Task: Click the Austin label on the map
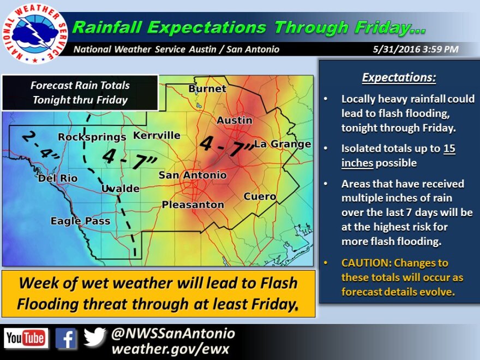point(235,121)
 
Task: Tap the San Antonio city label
point(193,175)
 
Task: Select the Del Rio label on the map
point(58,178)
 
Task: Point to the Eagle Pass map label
point(80,221)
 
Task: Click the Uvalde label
point(121,188)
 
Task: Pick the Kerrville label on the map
point(157,135)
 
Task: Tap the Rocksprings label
point(92,137)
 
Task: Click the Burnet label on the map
point(207,89)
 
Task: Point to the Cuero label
point(260,196)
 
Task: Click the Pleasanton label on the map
point(193,205)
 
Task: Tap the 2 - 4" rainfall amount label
point(40,146)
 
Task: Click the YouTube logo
point(26,338)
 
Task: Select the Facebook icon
point(66,338)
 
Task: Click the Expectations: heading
point(399,77)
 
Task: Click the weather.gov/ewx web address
point(170,349)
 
